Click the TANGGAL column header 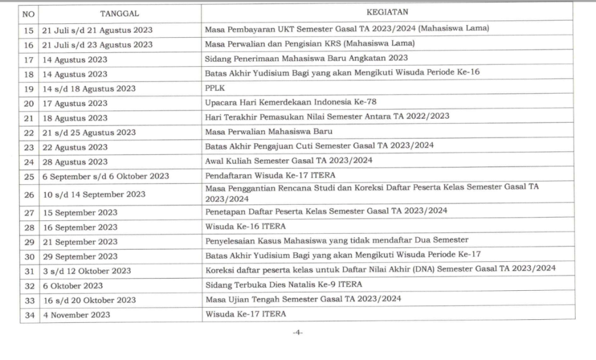pos(119,13)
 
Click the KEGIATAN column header pos(387,12)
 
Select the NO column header pos(29,13)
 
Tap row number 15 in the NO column pos(29,30)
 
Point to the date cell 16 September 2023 pos(80,227)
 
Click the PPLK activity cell pos(210,88)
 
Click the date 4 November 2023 pos(76,315)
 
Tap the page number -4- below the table pos(297,333)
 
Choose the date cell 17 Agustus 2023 pos(75,104)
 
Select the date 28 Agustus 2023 pos(75,162)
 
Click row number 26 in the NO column pos(29,194)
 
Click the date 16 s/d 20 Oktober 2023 pos(89,300)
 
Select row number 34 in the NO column pos(29,315)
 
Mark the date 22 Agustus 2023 pos(75,147)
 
